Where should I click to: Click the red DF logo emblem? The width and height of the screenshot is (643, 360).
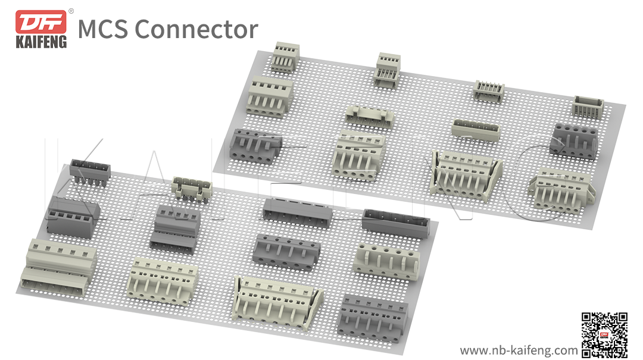pyautogui.click(x=40, y=22)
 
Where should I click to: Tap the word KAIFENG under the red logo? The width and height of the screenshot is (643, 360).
pyautogui.click(x=40, y=42)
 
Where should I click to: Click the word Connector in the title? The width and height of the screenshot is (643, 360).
pyautogui.click(x=196, y=29)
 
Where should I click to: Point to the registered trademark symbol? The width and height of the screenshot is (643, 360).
pyautogui.click(x=71, y=11)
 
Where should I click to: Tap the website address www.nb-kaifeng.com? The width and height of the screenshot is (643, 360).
pyautogui.click(x=519, y=349)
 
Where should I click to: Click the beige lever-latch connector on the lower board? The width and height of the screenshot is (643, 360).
pyautogui.click(x=278, y=302)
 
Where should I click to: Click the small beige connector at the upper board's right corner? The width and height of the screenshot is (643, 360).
pyautogui.click(x=588, y=106)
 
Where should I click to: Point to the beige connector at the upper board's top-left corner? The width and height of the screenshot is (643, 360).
pyautogui.click(x=285, y=57)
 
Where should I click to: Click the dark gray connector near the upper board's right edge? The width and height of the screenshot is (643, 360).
pyautogui.click(x=573, y=140)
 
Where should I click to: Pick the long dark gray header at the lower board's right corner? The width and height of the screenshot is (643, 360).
pyautogui.click(x=397, y=223)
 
